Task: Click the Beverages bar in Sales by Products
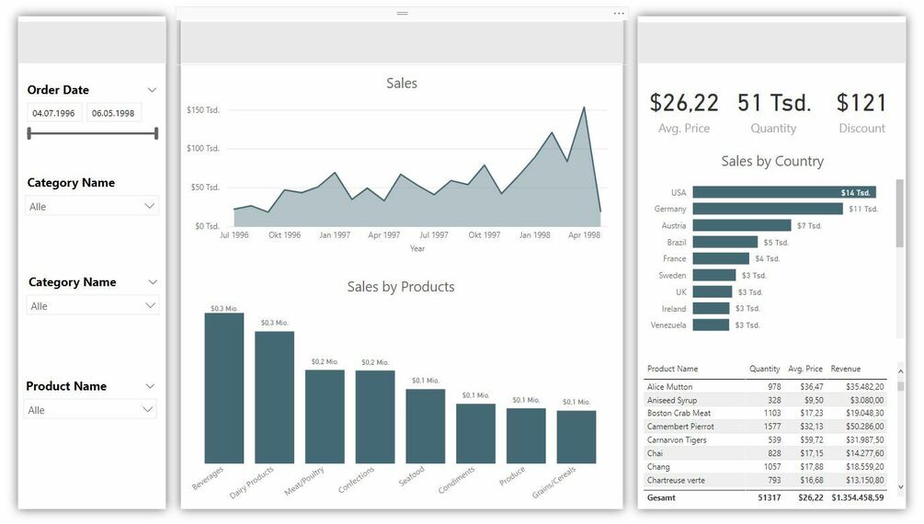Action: tap(224, 388)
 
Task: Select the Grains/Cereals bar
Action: tap(576, 437)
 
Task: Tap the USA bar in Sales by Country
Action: tap(783, 192)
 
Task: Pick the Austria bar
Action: tap(742, 225)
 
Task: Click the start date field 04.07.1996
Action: tap(53, 113)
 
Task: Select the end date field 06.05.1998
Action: tap(113, 113)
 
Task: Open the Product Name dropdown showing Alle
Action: tap(91, 410)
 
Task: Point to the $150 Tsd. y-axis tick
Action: tap(203, 110)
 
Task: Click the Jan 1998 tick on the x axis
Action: tap(534, 235)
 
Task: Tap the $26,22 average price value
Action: tap(684, 103)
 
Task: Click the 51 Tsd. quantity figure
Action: tap(773, 103)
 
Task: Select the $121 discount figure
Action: tap(861, 103)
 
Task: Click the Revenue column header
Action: tap(846, 369)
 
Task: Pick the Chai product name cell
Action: tap(656, 453)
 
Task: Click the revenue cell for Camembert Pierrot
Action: tap(858, 427)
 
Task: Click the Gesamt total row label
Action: tap(661, 497)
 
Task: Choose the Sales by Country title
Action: tap(771, 161)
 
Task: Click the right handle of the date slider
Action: tap(156, 133)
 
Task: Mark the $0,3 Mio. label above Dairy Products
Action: tap(274, 323)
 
